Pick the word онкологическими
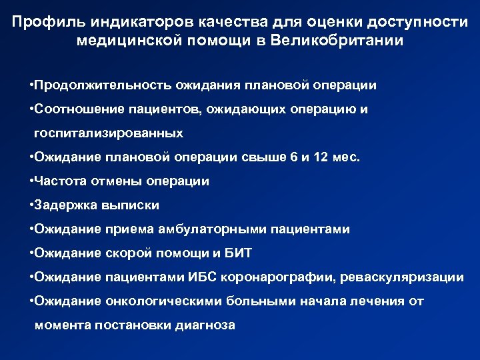(161, 301)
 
